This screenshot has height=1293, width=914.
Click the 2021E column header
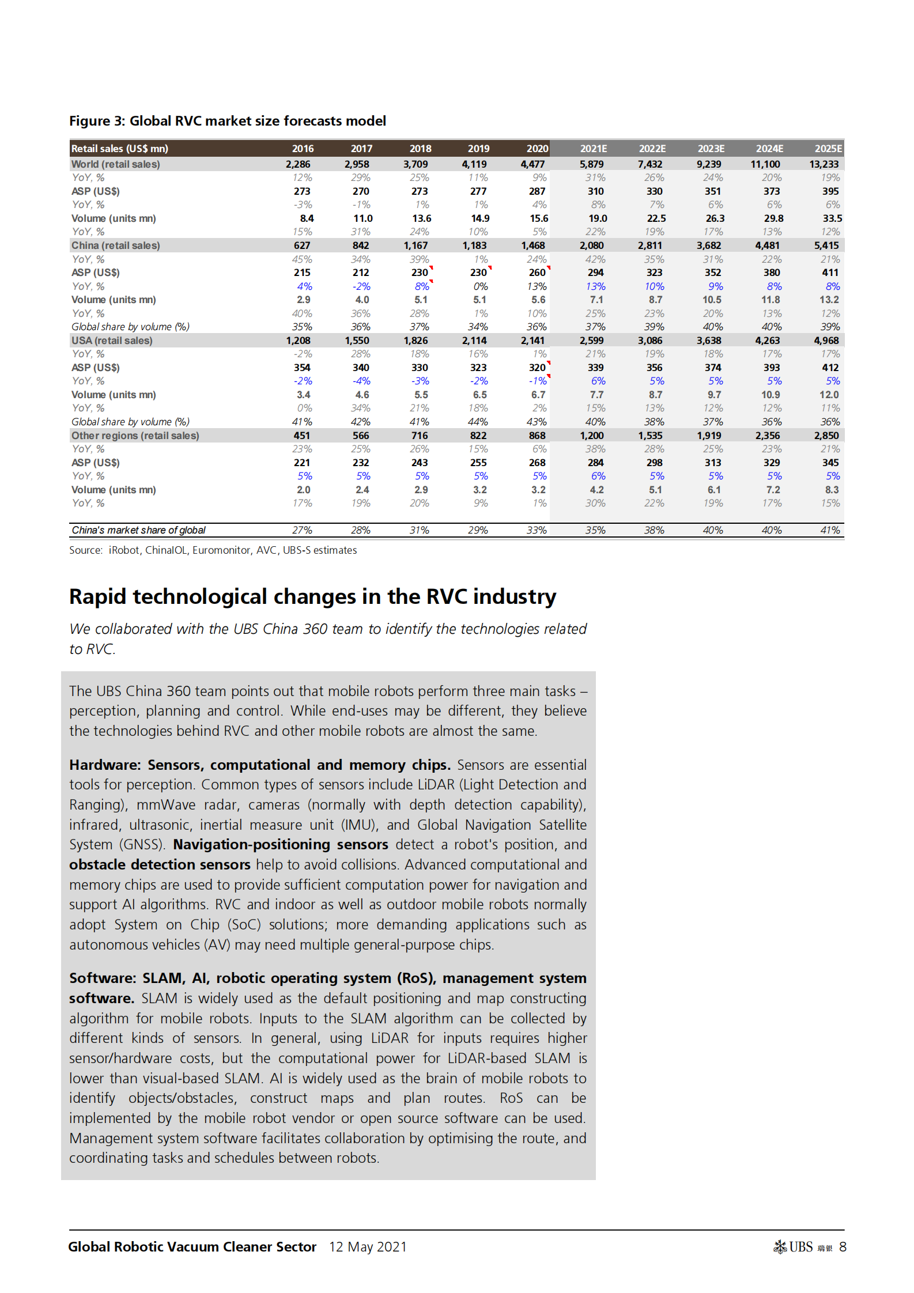click(593, 149)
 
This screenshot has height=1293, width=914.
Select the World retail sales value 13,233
click(824, 164)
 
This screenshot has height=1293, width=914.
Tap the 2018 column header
click(420, 149)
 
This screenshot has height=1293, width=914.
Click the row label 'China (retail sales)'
click(115, 245)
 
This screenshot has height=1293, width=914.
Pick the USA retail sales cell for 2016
click(298, 341)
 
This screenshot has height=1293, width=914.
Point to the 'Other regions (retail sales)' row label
click(135, 436)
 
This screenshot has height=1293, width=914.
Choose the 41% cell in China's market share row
click(830, 530)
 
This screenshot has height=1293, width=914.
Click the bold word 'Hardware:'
click(105, 765)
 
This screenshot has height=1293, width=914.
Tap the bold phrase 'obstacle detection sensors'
click(160, 864)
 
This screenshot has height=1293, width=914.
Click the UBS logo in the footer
click(795, 1247)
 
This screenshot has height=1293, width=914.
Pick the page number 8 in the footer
click(843, 1247)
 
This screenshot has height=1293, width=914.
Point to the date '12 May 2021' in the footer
click(368, 1247)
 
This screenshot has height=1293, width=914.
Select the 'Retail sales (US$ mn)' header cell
click(120, 149)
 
